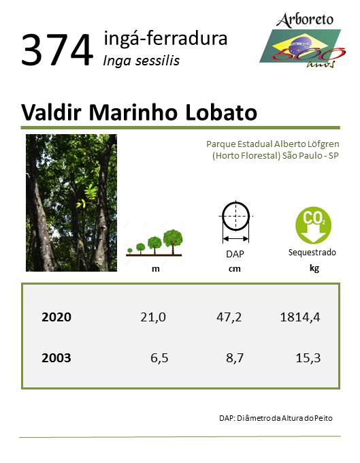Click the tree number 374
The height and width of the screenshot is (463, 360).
[x=57, y=50]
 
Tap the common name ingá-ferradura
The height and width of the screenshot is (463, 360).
[x=165, y=38]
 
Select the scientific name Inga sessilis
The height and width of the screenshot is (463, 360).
[x=141, y=61]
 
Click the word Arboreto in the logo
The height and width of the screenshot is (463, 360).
[x=305, y=20]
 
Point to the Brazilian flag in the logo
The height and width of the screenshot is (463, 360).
[x=301, y=47]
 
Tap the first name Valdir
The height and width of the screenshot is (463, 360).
[x=51, y=112]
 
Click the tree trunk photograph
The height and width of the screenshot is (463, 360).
[x=71, y=203]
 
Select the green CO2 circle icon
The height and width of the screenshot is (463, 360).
[x=314, y=225]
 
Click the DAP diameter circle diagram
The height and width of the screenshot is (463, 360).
[x=235, y=222]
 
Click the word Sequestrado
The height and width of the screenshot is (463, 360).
[x=312, y=253]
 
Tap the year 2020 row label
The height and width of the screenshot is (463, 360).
[x=56, y=317]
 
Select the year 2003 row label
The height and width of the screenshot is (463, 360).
[x=56, y=358]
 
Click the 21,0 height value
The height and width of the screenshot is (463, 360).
[x=153, y=317]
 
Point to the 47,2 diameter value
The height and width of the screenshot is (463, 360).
[x=229, y=317]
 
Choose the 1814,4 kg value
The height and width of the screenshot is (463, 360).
[x=300, y=317]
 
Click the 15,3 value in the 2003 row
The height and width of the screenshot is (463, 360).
[x=308, y=358]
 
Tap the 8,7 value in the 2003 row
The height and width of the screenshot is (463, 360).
[x=235, y=358]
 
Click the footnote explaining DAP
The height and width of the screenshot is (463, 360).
[x=276, y=418]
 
